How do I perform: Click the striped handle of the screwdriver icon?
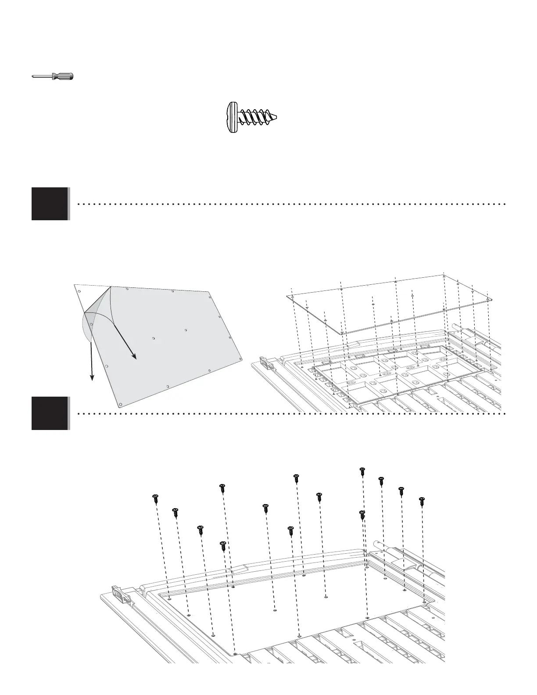(63, 76)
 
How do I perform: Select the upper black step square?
(50, 204)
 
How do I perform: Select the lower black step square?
(50, 413)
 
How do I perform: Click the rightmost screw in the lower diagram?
(422, 501)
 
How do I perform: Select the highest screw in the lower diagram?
(362, 471)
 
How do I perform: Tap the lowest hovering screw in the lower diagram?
(222, 546)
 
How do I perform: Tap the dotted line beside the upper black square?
(290, 204)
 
